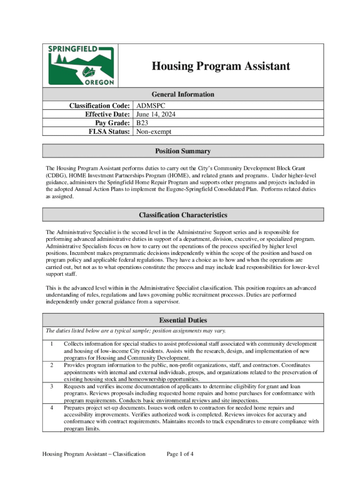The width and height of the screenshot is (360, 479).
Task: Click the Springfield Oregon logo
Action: [81, 65]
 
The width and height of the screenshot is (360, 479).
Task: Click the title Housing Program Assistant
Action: [220, 66]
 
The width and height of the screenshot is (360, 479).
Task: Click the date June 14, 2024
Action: [156, 115]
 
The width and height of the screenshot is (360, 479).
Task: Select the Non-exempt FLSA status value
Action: [154, 131]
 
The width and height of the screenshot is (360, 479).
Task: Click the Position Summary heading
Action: [183, 151]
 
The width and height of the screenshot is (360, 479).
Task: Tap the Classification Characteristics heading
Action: [183, 215]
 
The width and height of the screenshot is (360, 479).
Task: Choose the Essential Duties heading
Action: [183, 320]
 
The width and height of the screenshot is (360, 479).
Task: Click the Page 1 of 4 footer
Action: [180, 454]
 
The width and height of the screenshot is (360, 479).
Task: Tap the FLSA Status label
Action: [109, 131]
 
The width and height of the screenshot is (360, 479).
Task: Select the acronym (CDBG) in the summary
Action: [56, 174]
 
